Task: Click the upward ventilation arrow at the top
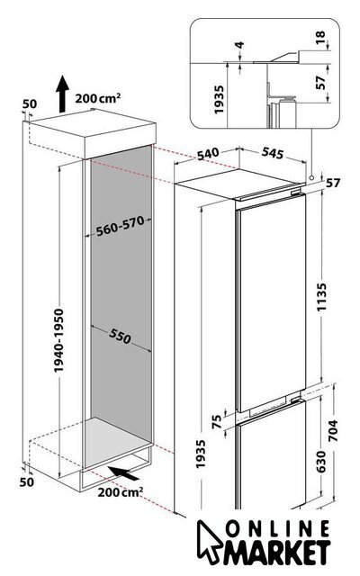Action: click(62, 94)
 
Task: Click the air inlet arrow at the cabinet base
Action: click(123, 473)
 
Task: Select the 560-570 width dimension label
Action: click(120, 226)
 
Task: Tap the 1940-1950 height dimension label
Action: click(58, 340)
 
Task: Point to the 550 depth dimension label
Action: click(120, 336)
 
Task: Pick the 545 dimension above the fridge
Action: click(273, 153)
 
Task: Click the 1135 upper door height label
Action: click(321, 297)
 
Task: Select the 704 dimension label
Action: click(332, 430)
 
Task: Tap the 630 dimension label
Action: click(320, 462)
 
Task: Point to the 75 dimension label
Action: click(218, 421)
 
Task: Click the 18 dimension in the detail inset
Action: click(320, 37)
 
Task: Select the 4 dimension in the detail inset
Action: click(239, 45)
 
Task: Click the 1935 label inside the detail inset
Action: click(219, 99)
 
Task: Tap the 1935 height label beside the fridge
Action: click(200, 454)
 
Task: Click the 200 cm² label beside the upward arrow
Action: click(98, 98)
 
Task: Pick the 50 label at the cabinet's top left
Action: click(30, 104)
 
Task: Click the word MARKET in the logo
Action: click(278, 552)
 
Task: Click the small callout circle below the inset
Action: click(311, 177)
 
